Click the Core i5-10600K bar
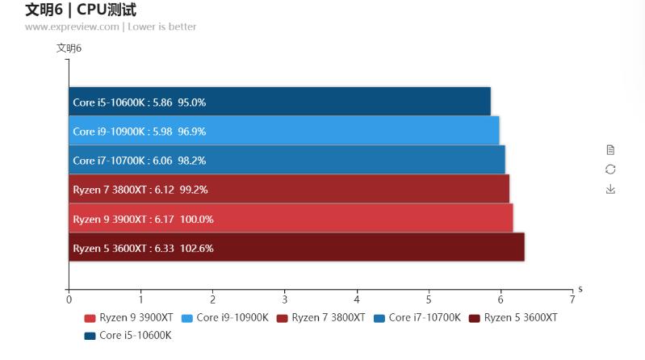pyautogui.click(x=279, y=102)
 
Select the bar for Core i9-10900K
pyautogui.click(x=283, y=131)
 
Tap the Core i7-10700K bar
pyautogui.click(x=287, y=160)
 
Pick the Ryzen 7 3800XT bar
pyautogui.click(x=289, y=189)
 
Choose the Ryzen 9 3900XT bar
pyautogui.click(x=291, y=218)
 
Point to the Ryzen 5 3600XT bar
pyautogui.click(x=296, y=247)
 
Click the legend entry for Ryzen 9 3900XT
pyautogui.click(x=128, y=317)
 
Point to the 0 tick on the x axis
pyautogui.click(x=69, y=299)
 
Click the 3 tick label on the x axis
pyautogui.click(x=285, y=299)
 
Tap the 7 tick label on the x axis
pyautogui.click(x=572, y=299)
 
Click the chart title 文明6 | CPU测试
pyautogui.click(x=81, y=10)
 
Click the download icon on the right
pyautogui.click(x=610, y=189)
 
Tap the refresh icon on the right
pyautogui.click(x=610, y=169)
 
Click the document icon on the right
pyautogui.click(x=610, y=149)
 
